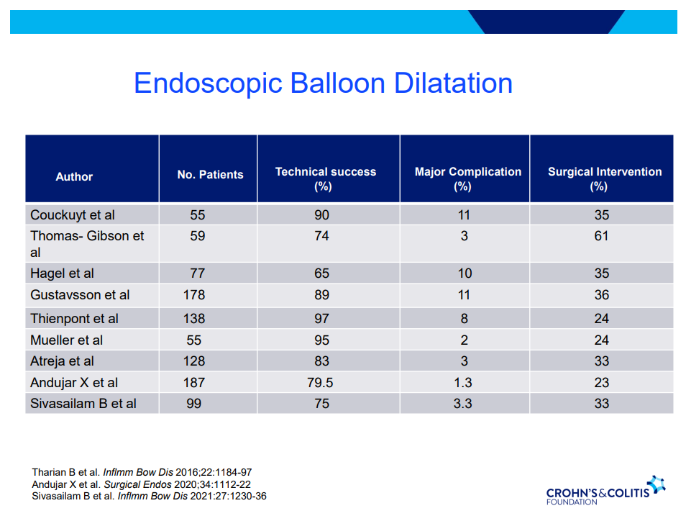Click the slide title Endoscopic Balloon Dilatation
tap(323, 83)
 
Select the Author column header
tap(74, 176)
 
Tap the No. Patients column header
tap(210, 174)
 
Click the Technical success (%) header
tap(325, 178)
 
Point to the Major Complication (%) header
tap(467, 178)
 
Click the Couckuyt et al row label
tap(73, 215)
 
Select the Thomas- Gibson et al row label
tap(87, 244)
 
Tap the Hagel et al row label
tap(62, 273)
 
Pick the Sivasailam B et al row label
tap(83, 403)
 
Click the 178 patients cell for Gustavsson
tap(193, 295)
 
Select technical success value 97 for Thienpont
tap(321, 318)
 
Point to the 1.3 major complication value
tap(464, 383)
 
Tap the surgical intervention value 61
tap(601, 236)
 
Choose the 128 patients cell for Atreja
tap(193, 361)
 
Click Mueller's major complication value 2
tap(464, 340)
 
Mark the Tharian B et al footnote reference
tap(142, 471)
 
